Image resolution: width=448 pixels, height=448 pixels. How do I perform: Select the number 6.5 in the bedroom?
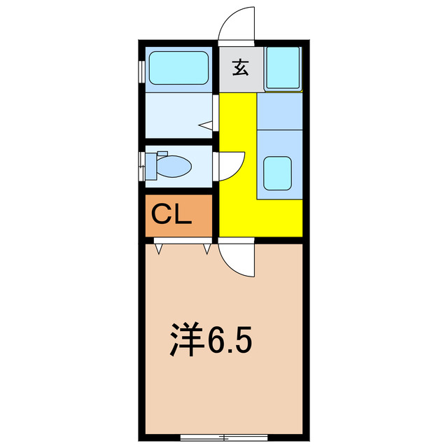point(227,341)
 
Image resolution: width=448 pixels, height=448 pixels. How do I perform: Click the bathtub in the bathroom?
point(178,69)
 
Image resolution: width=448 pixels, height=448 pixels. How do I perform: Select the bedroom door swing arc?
point(237,260)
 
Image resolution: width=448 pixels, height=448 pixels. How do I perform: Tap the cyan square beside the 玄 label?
point(283,68)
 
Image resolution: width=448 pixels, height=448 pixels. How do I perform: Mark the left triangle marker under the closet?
point(159,248)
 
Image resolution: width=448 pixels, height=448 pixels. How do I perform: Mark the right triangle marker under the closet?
point(207,248)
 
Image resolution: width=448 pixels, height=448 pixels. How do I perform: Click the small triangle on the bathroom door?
point(206,125)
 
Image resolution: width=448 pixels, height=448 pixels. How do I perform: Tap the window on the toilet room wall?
point(141,165)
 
